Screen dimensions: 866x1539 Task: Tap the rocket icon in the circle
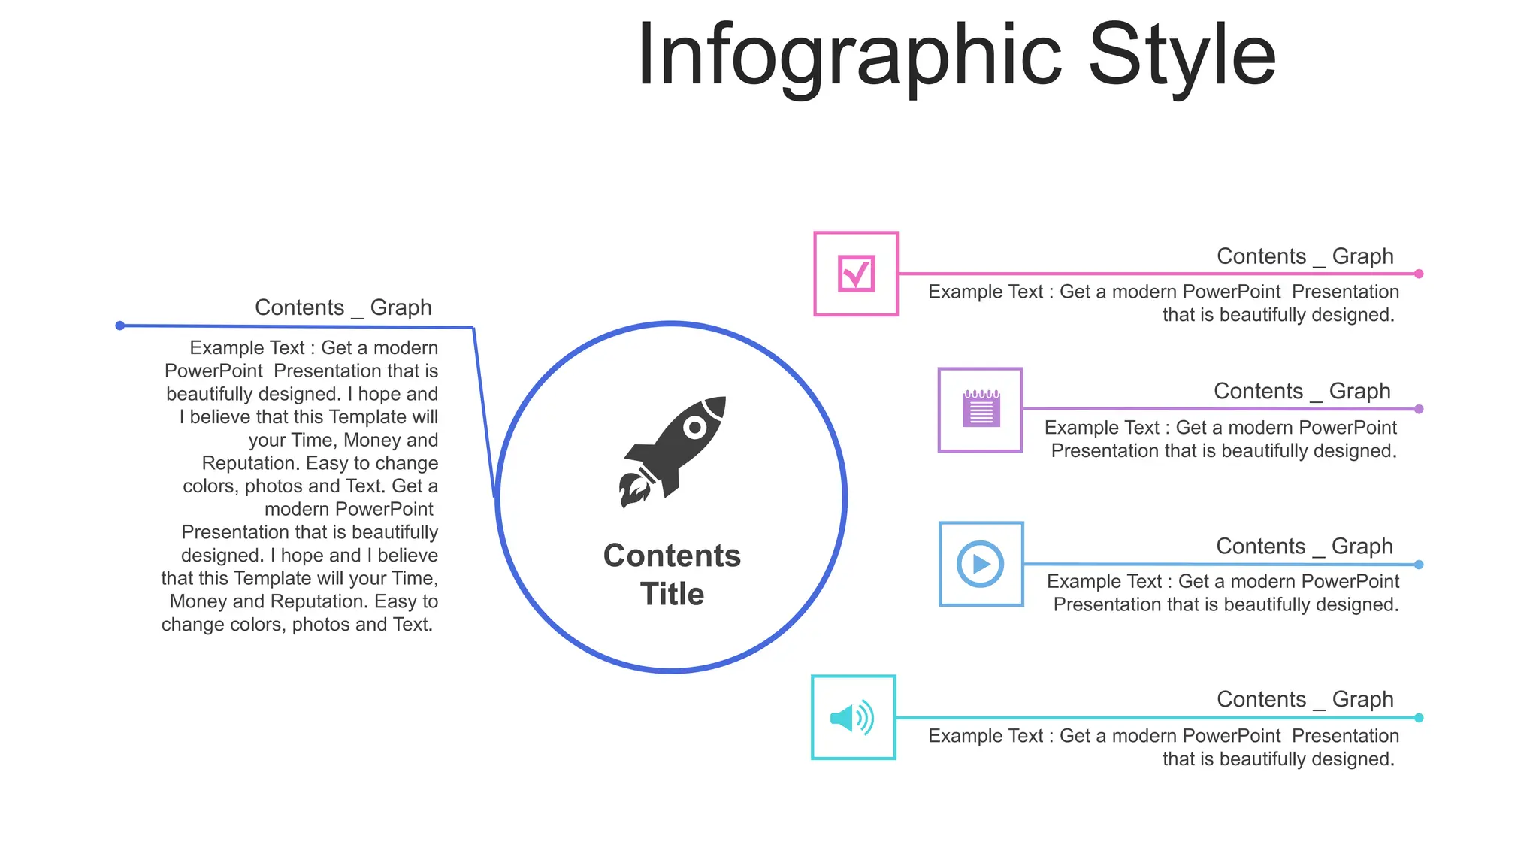pyautogui.click(x=673, y=451)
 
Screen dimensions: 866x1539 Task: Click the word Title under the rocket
pyautogui.click(x=673, y=594)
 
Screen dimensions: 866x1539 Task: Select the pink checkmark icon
pyautogui.click(x=856, y=274)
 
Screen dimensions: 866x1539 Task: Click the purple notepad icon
pyautogui.click(x=981, y=410)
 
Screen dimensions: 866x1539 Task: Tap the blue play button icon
pyautogui.click(x=981, y=564)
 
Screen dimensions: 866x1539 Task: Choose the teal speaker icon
pyautogui.click(x=853, y=718)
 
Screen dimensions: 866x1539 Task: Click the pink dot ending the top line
pyautogui.click(x=1419, y=274)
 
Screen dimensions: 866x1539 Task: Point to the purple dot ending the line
pyautogui.click(x=1419, y=409)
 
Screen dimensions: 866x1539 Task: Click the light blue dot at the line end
pyautogui.click(x=1419, y=565)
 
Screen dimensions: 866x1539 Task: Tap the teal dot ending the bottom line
pyautogui.click(x=1419, y=718)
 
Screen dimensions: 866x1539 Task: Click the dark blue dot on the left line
pyautogui.click(x=120, y=326)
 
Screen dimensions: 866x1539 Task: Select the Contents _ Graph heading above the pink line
pyautogui.click(x=1305, y=256)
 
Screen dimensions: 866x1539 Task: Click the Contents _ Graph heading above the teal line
pyautogui.click(x=1305, y=699)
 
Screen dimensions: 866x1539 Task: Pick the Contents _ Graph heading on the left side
pyautogui.click(x=343, y=307)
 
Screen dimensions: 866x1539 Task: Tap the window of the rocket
pyautogui.click(x=695, y=428)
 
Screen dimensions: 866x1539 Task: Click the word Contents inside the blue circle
pyautogui.click(x=672, y=556)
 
